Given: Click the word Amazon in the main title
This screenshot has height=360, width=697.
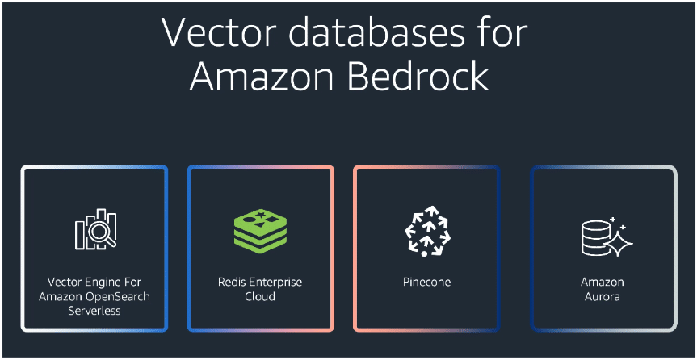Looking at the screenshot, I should coord(267,77).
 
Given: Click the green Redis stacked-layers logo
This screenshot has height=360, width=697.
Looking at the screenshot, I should coord(260,231).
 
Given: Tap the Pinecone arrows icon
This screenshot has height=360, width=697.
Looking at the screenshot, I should coord(426,230).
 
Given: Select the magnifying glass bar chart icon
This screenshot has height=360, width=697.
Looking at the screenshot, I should coord(94,230).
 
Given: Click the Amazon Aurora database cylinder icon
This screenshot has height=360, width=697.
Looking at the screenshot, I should coord(596,236).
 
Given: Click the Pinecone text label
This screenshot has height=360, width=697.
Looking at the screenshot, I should coord(426,283).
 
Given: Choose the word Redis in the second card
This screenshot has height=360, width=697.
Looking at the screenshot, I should coord(231,283).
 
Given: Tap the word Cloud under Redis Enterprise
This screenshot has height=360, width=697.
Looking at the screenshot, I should coord(260,296).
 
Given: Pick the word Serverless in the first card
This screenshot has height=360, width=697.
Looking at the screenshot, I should coord(94,310).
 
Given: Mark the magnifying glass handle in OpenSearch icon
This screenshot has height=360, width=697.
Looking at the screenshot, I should coord(109,241).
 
